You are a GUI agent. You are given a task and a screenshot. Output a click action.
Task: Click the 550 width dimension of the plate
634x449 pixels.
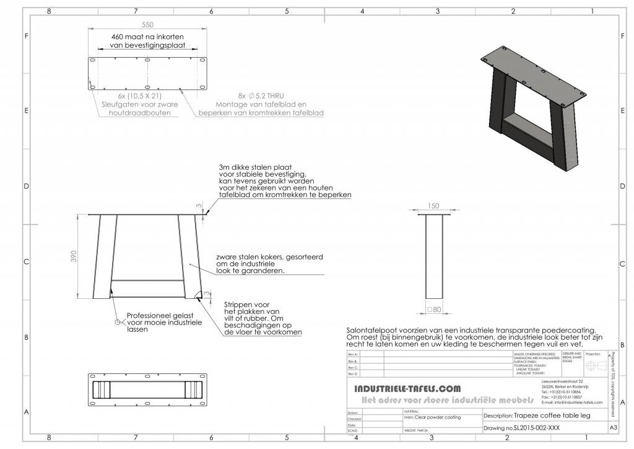coord(147,24)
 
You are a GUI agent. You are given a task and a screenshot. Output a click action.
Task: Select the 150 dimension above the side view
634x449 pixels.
coord(433,206)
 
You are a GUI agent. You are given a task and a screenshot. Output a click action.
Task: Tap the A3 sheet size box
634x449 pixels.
coord(613,427)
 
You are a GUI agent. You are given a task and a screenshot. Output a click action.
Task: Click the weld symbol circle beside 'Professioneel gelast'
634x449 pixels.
coord(117,322)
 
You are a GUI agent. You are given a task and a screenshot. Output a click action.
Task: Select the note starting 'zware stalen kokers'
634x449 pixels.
coord(269,256)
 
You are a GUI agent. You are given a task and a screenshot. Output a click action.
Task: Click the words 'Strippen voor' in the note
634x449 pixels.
coord(245,305)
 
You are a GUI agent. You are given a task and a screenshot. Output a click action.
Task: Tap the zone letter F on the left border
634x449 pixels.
coord(27,36)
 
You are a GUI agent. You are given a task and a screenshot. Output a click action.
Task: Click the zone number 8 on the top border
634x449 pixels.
coord(49,11)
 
